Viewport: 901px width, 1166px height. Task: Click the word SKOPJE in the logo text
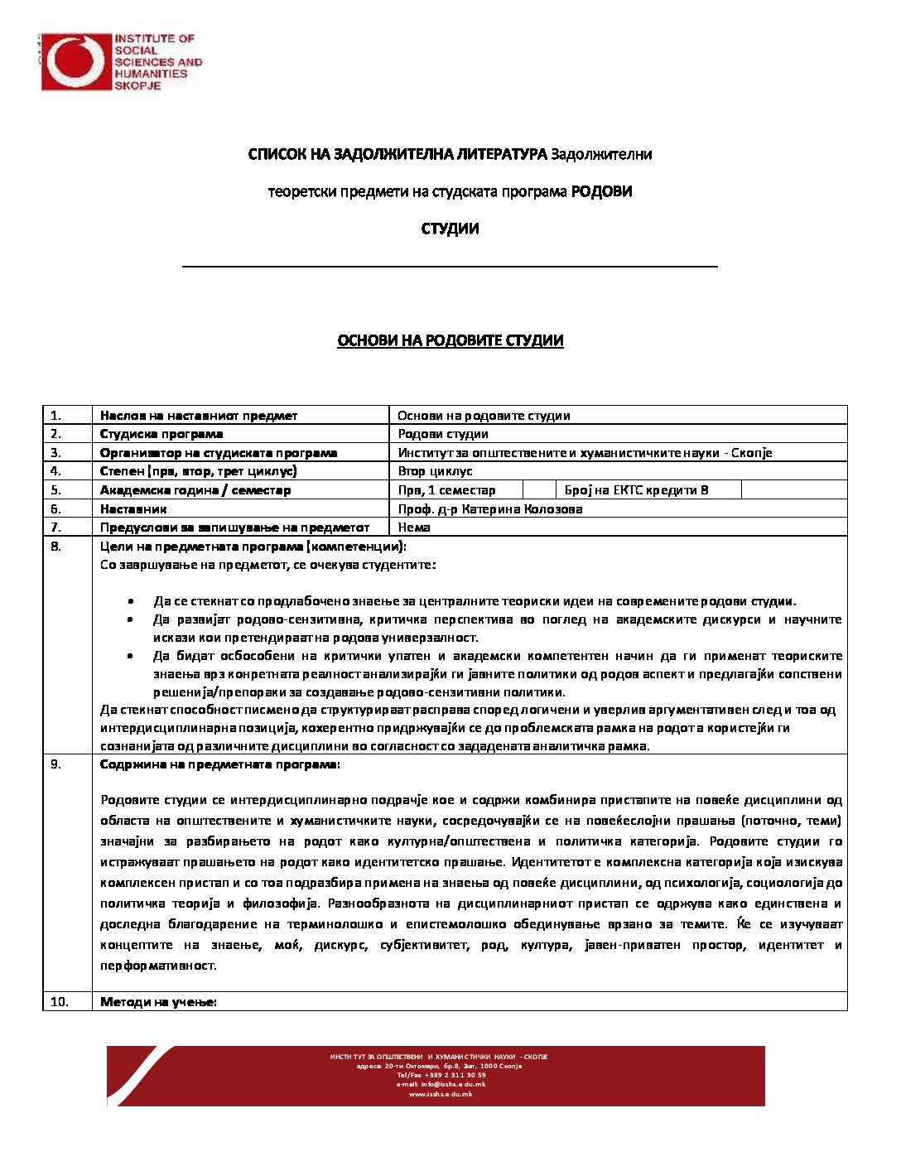click(137, 85)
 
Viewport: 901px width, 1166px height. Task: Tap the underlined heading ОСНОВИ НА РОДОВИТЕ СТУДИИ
click(450, 340)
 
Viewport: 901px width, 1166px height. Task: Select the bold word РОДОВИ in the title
click(602, 191)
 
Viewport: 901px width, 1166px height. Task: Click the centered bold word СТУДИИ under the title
click(450, 229)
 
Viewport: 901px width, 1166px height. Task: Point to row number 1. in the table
click(55, 416)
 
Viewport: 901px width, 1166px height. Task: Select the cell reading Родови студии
click(443, 434)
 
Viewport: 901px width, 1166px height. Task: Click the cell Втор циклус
click(435, 471)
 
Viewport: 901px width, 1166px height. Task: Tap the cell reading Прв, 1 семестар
click(446, 490)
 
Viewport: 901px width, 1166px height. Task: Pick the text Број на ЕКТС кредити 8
click(637, 490)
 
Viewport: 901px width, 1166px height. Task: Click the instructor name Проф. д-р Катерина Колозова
click(490, 509)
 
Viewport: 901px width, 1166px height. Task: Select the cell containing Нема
click(414, 528)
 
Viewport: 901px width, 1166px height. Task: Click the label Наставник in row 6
click(133, 509)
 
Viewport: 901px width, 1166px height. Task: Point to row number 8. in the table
click(55, 547)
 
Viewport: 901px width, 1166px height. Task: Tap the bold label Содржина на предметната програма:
click(219, 764)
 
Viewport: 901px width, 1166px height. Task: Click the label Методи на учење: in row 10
click(158, 1002)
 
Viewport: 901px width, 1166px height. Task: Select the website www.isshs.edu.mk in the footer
click(441, 1094)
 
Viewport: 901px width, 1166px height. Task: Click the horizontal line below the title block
click(450, 267)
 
